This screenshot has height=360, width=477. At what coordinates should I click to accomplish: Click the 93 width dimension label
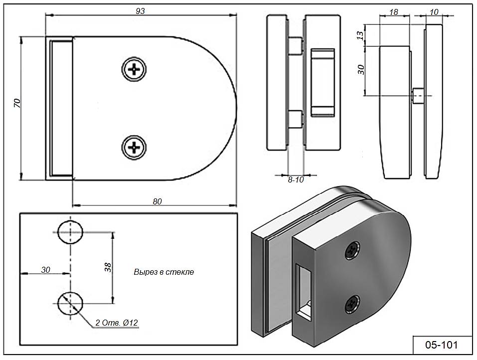(x=140, y=11)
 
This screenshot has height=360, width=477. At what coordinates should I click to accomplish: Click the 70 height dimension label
(x=17, y=103)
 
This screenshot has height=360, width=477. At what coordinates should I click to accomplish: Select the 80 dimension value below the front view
(x=158, y=201)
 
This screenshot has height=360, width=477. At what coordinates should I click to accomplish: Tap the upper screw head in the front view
(x=134, y=69)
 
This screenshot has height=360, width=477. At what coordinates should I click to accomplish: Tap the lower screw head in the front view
(x=134, y=148)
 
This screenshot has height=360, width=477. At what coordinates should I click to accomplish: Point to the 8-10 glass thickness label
(x=296, y=180)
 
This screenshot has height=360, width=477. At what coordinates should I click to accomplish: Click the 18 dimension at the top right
(x=394, y=12)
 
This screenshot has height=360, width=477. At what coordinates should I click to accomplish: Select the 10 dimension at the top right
(x=434, y=12)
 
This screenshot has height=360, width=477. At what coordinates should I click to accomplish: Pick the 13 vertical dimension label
(x=360, y=35)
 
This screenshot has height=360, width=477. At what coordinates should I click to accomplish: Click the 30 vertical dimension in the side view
(x=361, y=70)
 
